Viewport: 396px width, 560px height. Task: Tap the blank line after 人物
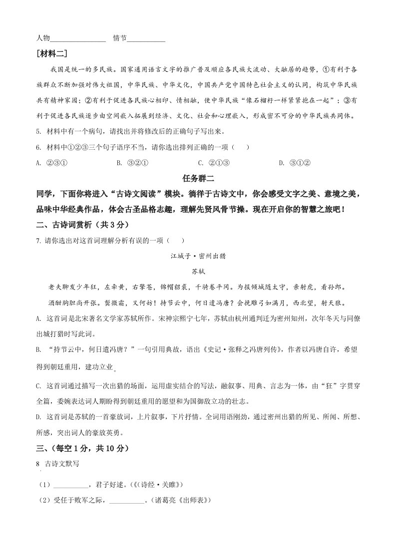78,40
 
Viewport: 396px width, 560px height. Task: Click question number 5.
38,132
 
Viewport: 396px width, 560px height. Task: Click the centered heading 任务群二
198,178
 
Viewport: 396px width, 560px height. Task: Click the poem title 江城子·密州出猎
198,257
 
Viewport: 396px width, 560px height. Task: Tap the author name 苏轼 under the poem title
198,272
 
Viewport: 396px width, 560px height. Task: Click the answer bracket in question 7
172,241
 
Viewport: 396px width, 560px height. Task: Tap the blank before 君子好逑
70,485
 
